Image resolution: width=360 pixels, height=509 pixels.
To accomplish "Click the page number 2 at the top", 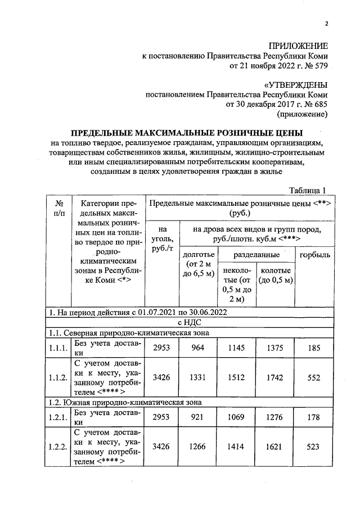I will coord(326,23).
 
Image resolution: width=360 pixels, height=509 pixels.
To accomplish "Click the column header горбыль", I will coord(315,255).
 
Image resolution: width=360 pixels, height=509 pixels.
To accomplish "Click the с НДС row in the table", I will coord(186,322).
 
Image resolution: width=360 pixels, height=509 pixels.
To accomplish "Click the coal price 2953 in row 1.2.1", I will coord(163,417).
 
